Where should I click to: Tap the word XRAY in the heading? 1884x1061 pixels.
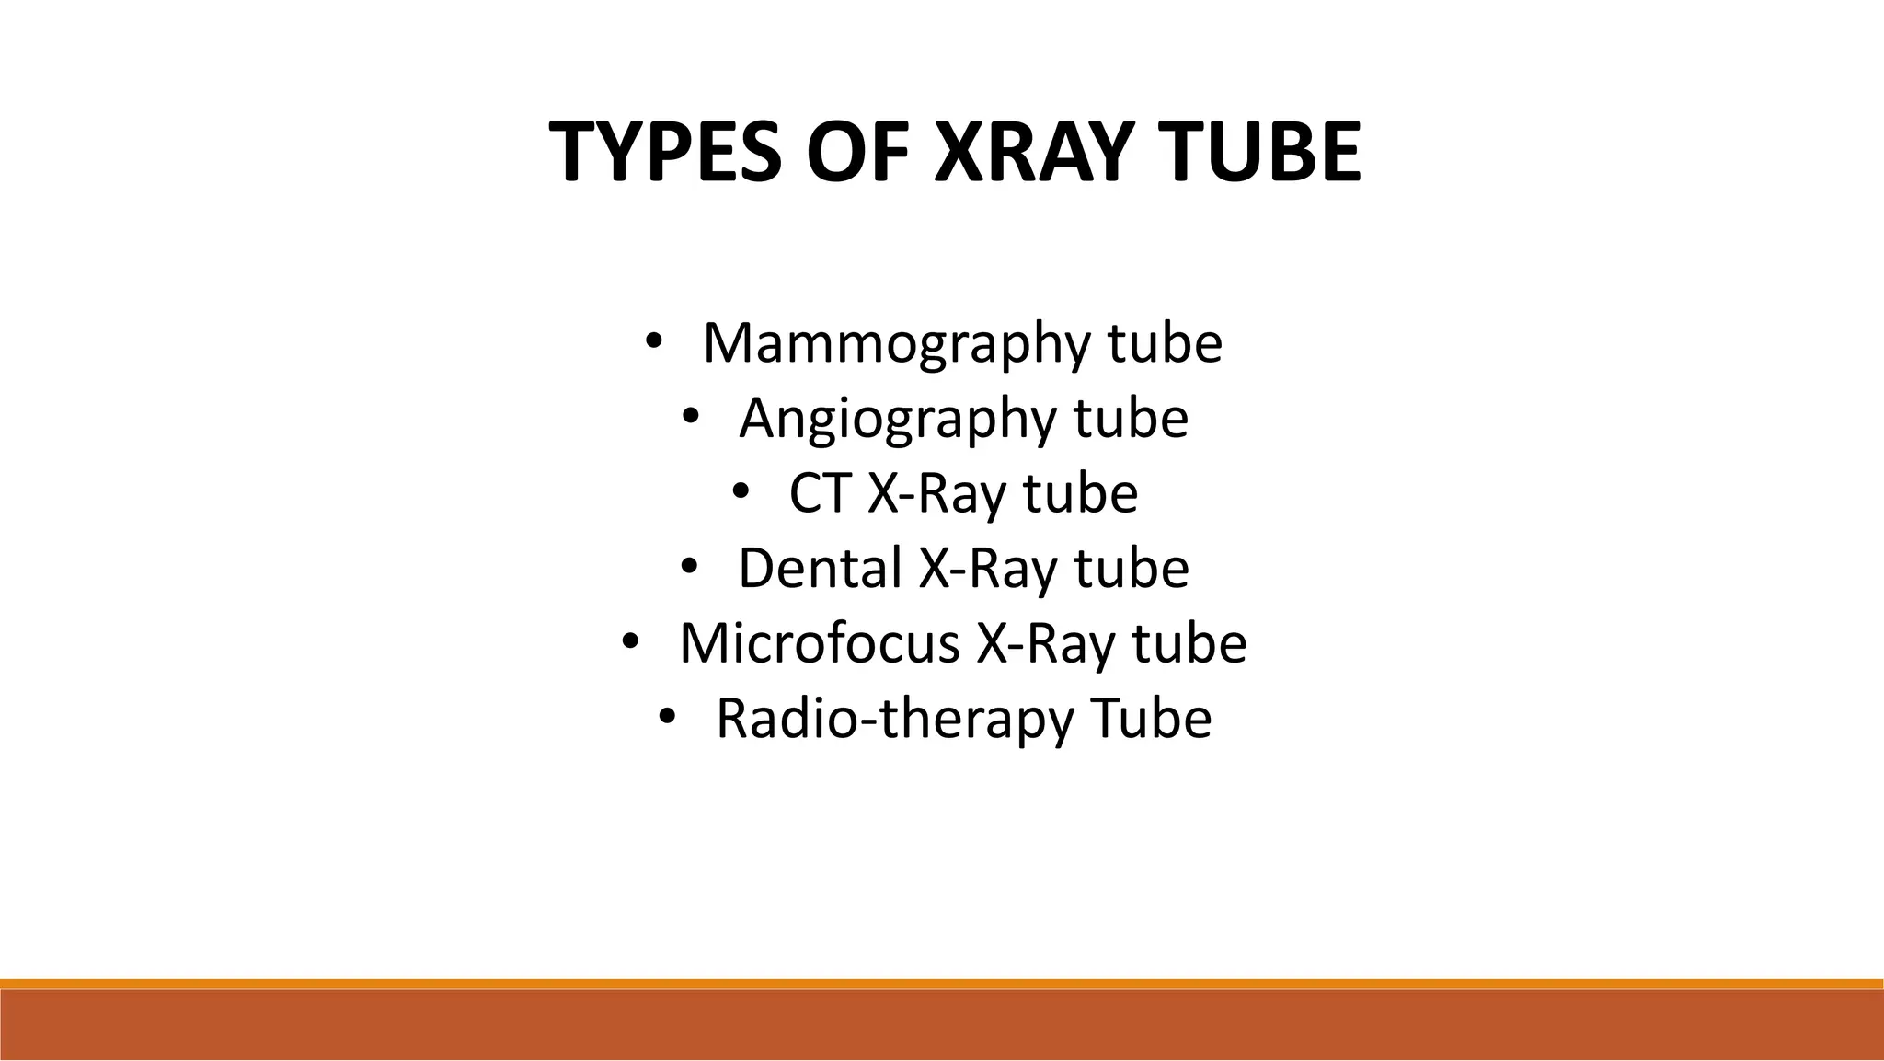tap(1032, 153)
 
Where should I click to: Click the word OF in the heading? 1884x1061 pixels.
tap(868, 153)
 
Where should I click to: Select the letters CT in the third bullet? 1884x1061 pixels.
tap(819, 493)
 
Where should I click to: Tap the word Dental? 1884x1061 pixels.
tap(820, 568)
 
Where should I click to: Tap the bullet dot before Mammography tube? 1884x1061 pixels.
tap(652, 340)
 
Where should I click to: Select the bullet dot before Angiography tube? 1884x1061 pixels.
tap(691, 416)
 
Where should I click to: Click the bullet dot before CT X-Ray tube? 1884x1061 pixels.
tap(741, 491)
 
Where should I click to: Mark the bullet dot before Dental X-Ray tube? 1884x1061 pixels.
tap(690, 566)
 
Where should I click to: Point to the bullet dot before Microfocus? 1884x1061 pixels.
tap(629, 640)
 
